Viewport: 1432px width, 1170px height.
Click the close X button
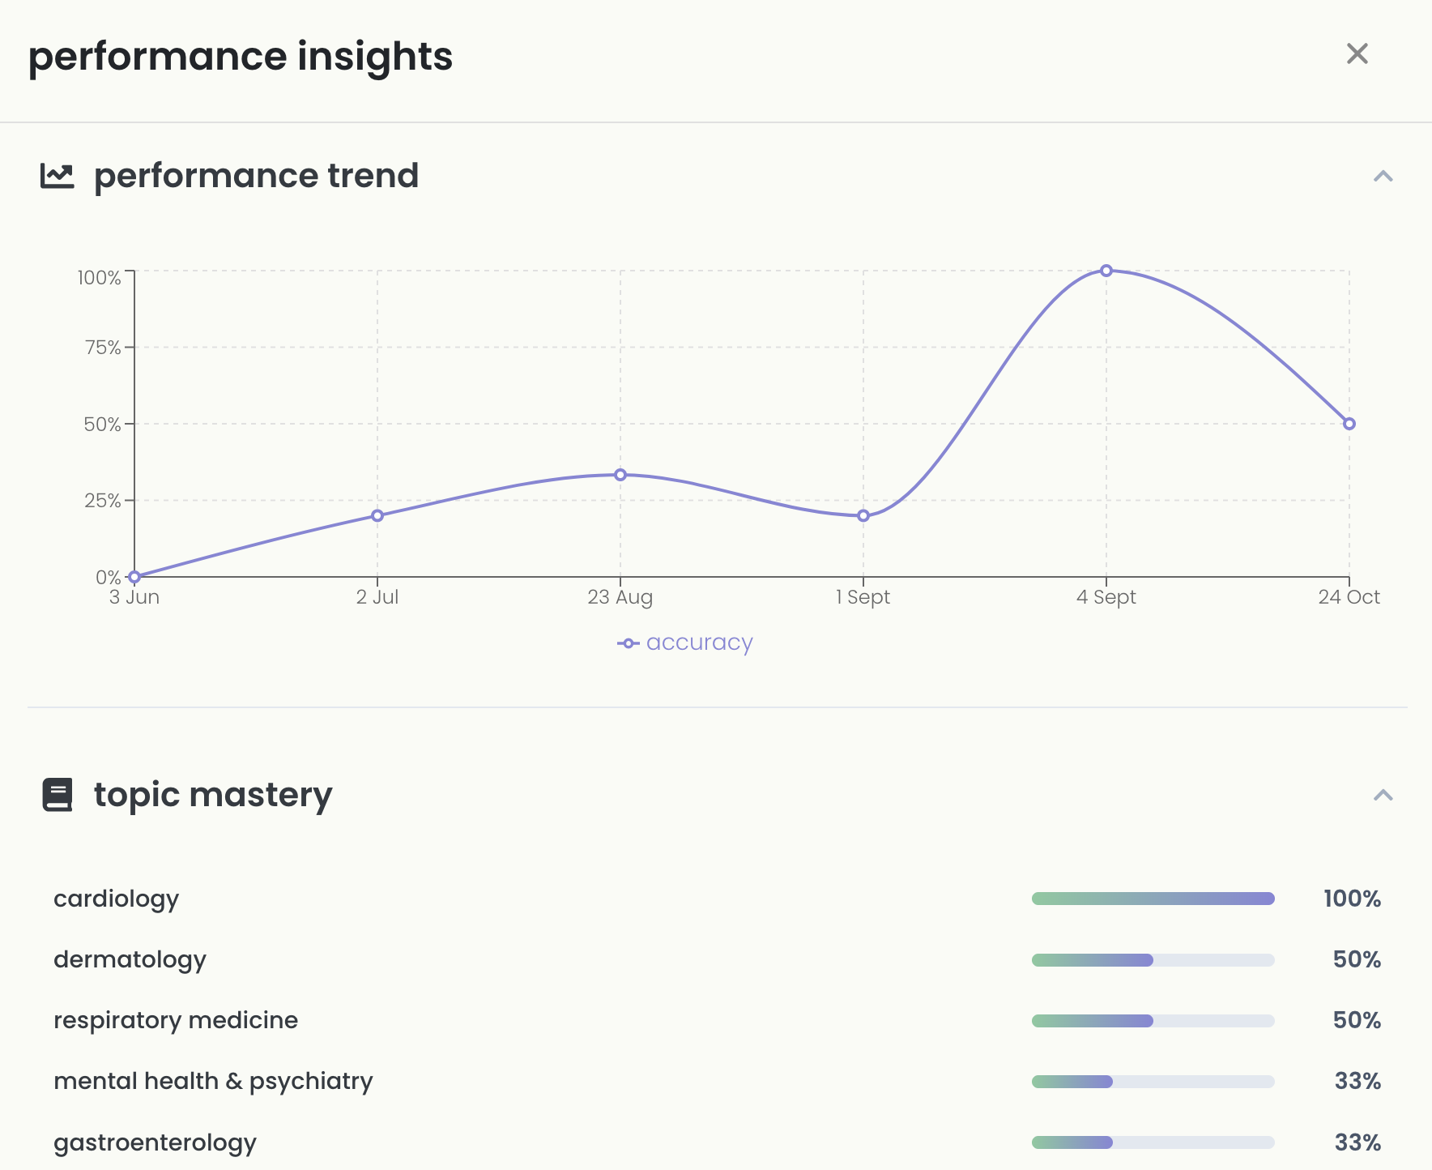click(1357, 54)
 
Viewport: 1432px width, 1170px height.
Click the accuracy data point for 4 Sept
click(1106, 271)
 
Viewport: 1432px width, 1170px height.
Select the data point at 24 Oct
click(1349, 424)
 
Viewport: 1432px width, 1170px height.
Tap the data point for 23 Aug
click(620, 475)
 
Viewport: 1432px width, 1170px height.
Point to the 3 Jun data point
click(134, 577)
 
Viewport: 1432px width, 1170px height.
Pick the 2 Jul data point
click(377, 515)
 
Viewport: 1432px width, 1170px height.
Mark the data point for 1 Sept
click(863, 515)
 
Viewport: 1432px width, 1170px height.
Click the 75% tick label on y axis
click(103, 348)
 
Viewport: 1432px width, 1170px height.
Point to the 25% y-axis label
click(103, 501)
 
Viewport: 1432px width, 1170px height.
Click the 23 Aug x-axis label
click(620, 598)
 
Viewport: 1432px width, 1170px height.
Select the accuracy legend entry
click(685, 643)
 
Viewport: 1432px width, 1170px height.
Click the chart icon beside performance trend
click(58, 176)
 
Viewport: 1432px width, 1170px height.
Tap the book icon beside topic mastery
click(58, 795)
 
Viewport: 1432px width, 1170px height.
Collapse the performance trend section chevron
click(1383, 177)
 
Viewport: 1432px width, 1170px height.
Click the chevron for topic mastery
click(1383, 796)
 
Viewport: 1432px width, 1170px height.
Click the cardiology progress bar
click(1153, 899)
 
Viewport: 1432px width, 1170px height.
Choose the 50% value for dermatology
click(1357, 959)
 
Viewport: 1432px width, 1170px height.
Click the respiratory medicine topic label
click(176, 1020)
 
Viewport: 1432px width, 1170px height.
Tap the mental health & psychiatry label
click(213, 1081)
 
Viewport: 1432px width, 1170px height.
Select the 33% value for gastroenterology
click(1357, 1142)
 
